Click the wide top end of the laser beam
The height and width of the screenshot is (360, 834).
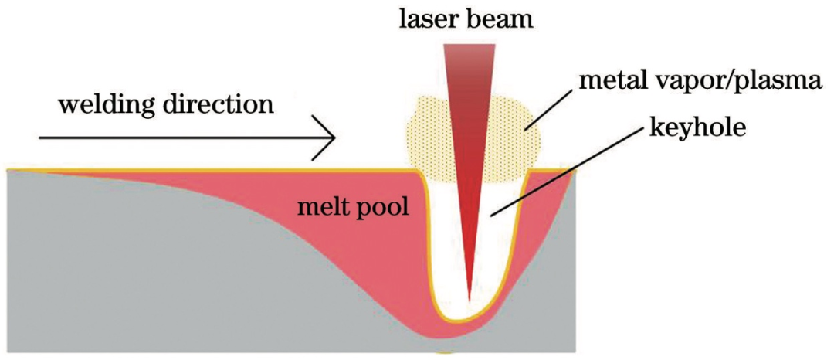469,48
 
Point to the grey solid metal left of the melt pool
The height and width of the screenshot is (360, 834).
116,270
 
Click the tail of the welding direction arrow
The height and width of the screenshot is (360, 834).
42,139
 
